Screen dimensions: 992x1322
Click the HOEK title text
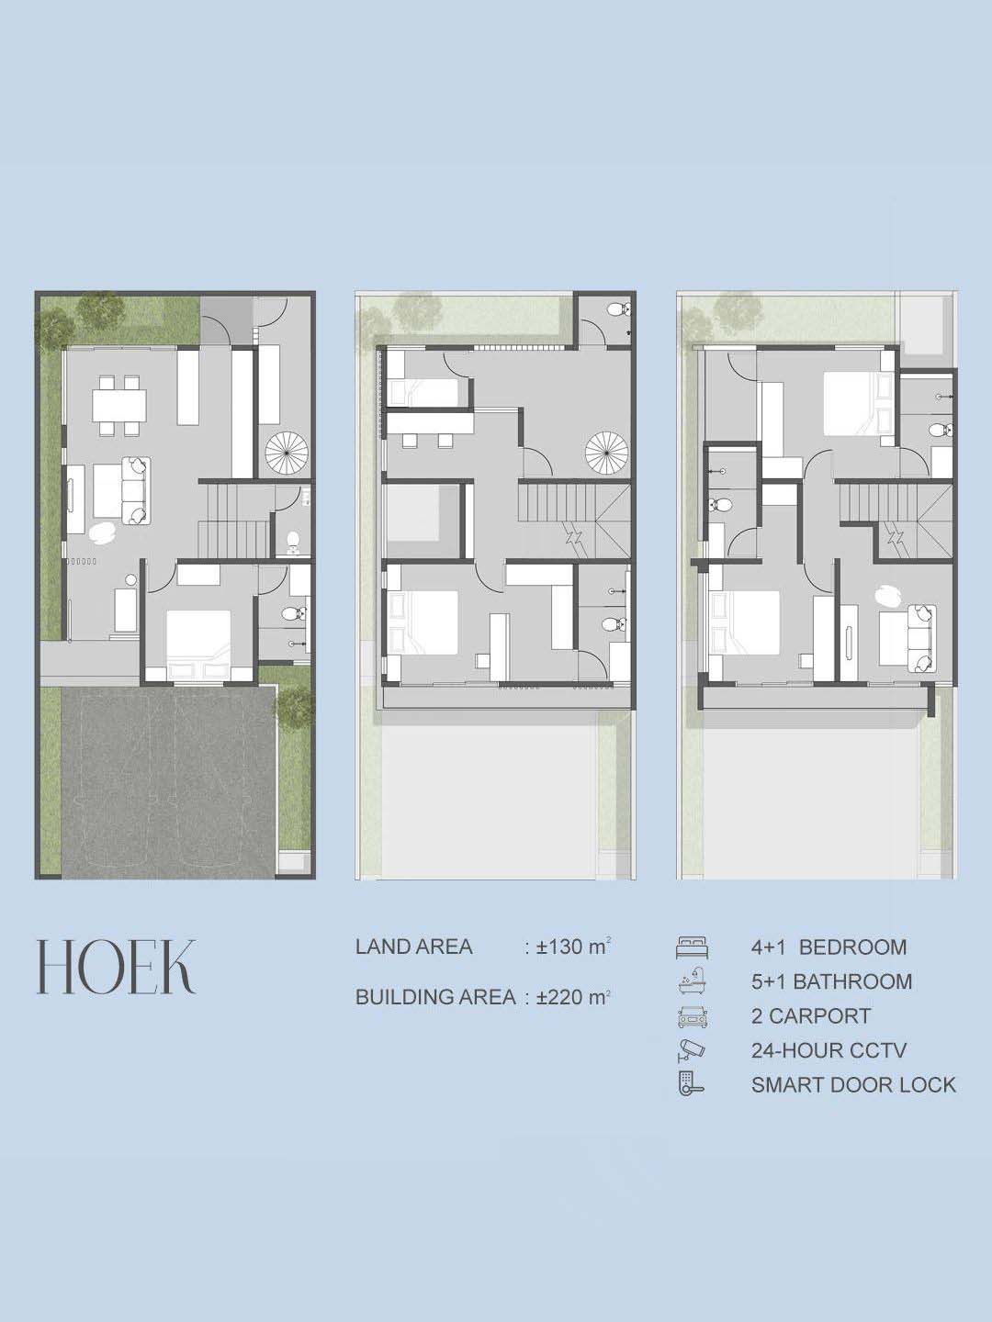tap(117, 967)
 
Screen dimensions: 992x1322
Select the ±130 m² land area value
tap(573, 947)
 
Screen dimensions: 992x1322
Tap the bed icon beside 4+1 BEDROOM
tap(692, 947)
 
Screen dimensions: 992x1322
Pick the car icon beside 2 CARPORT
tap(692, 1016)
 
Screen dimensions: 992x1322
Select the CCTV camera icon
tap(692, 1049)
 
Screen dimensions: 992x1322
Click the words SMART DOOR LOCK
tap(853, 1085)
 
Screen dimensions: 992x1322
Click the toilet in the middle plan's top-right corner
tap(619, 310)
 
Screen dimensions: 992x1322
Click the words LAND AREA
tap(413, 947)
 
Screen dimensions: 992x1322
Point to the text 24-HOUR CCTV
tap(829, 1050)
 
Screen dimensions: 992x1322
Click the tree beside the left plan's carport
tap(295, 702)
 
